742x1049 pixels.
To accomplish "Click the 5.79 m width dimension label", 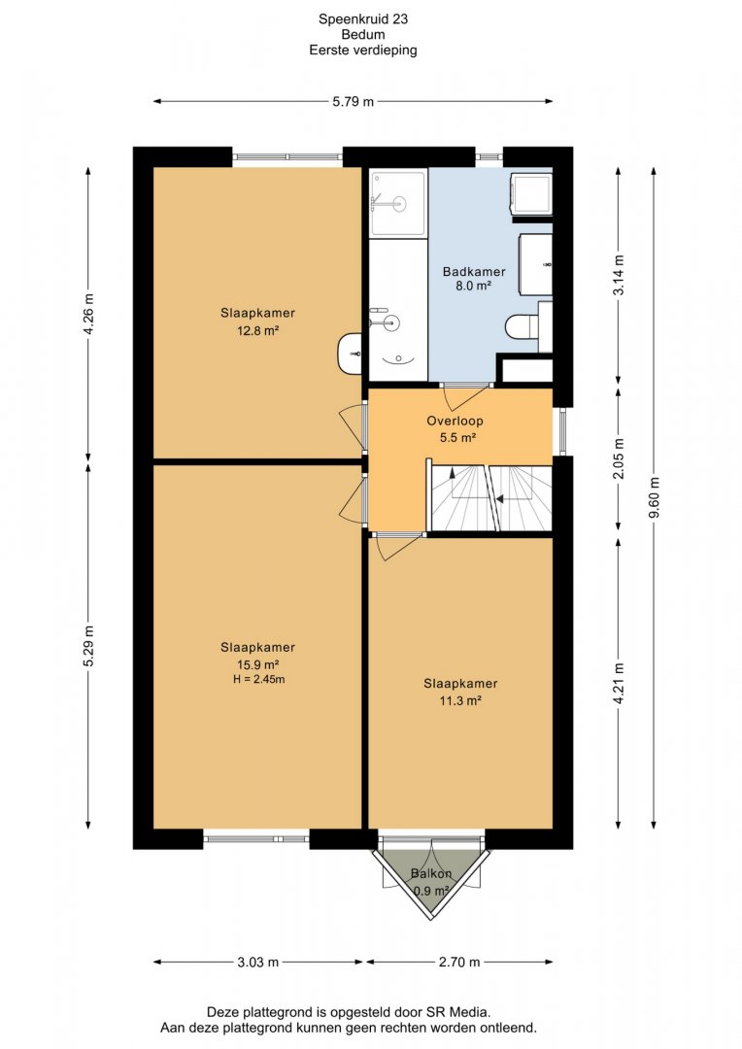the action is point(354,102).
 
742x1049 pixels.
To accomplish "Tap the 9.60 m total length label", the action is point(655,497).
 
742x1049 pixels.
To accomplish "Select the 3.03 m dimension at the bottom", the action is point(257,962).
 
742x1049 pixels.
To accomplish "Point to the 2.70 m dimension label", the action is point(459,962).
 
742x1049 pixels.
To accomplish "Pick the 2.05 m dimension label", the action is point(619,458).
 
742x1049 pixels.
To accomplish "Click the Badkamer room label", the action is point(474,272).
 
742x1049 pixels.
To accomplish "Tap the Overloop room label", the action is point(455,421).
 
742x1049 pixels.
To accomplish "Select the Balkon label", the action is point(431,874).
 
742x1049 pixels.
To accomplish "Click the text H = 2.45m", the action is point(258,680).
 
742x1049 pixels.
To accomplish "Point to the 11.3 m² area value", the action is point(460,701).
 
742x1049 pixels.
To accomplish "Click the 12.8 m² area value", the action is point(257,330).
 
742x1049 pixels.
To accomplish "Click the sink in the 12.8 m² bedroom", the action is point(350,354).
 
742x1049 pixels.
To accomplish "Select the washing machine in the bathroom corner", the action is point(531,193).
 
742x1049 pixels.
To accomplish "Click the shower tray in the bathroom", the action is point(398,203).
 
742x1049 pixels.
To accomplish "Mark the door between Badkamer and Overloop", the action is point(465,396).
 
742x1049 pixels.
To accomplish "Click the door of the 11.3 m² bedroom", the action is point(397,545).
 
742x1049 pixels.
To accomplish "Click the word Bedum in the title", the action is point(362,35).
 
